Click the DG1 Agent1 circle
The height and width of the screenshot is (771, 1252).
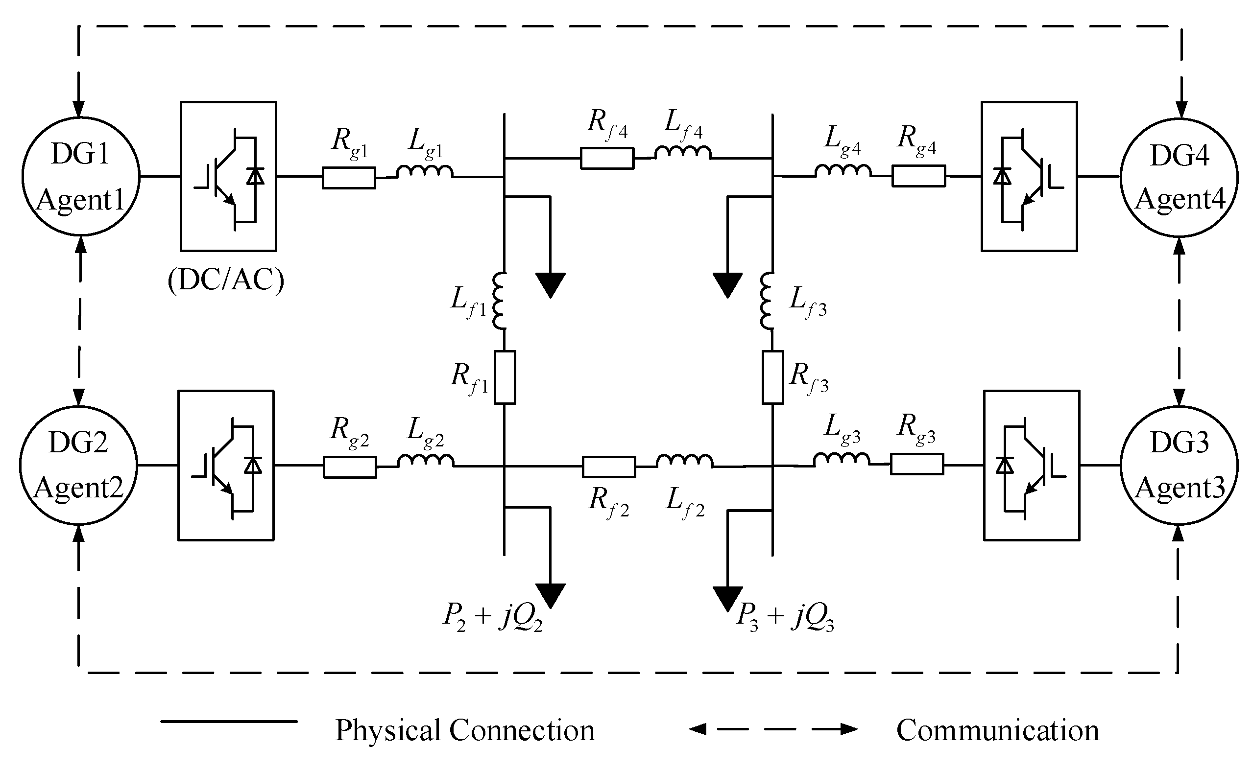81,176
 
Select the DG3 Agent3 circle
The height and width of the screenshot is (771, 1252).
1179,465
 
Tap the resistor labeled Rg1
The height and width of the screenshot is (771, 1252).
348,178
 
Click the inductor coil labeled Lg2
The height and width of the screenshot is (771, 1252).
426,461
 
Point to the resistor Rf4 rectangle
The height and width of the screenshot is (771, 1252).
607,158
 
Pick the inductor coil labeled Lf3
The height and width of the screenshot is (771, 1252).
766,302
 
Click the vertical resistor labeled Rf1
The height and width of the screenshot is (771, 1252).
505,377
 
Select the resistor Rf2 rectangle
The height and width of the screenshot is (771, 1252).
609,467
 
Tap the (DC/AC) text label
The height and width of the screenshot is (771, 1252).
225,280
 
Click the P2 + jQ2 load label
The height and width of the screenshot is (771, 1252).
492,616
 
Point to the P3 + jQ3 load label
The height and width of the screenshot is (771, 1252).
785,616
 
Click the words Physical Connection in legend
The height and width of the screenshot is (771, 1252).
464,730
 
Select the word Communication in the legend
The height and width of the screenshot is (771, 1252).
997,730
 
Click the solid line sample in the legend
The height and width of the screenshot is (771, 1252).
229,721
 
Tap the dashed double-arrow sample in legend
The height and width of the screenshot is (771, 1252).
773,729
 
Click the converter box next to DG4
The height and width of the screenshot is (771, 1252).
1029,176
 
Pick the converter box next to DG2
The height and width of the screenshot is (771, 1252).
225,465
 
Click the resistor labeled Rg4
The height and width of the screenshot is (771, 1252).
918,176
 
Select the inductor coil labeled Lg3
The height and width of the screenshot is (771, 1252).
842,460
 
